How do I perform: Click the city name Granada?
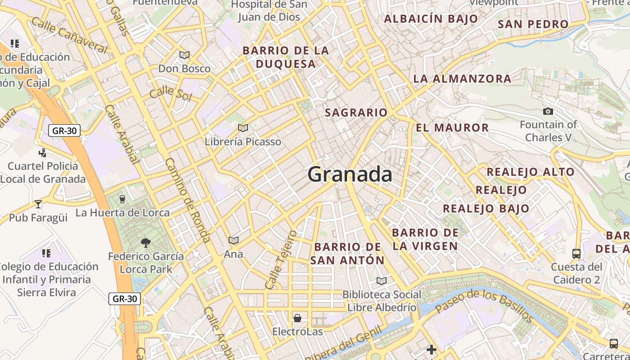(350, 174)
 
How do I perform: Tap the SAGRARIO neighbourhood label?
(356, 112)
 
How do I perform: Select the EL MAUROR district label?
(452, 127)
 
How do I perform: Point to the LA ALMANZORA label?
(462, 79)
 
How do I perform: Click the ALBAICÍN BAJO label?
(431, 18)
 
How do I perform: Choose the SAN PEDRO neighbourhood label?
(533, 24)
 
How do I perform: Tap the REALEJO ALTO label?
(531, 171)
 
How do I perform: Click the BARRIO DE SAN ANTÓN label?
(347, 253)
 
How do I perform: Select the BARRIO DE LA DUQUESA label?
(286, 57)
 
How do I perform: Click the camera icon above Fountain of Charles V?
(548, 111)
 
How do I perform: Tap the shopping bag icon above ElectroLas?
(297, 319)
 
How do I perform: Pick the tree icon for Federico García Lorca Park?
(145, 243)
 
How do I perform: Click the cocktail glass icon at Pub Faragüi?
(38, 204)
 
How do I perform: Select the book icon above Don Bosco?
(184, 55)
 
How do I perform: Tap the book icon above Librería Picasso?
(243, 128)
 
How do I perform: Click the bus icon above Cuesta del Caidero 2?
(576, 253)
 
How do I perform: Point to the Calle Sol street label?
(171, 93)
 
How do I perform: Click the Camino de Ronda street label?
(188, 200)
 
